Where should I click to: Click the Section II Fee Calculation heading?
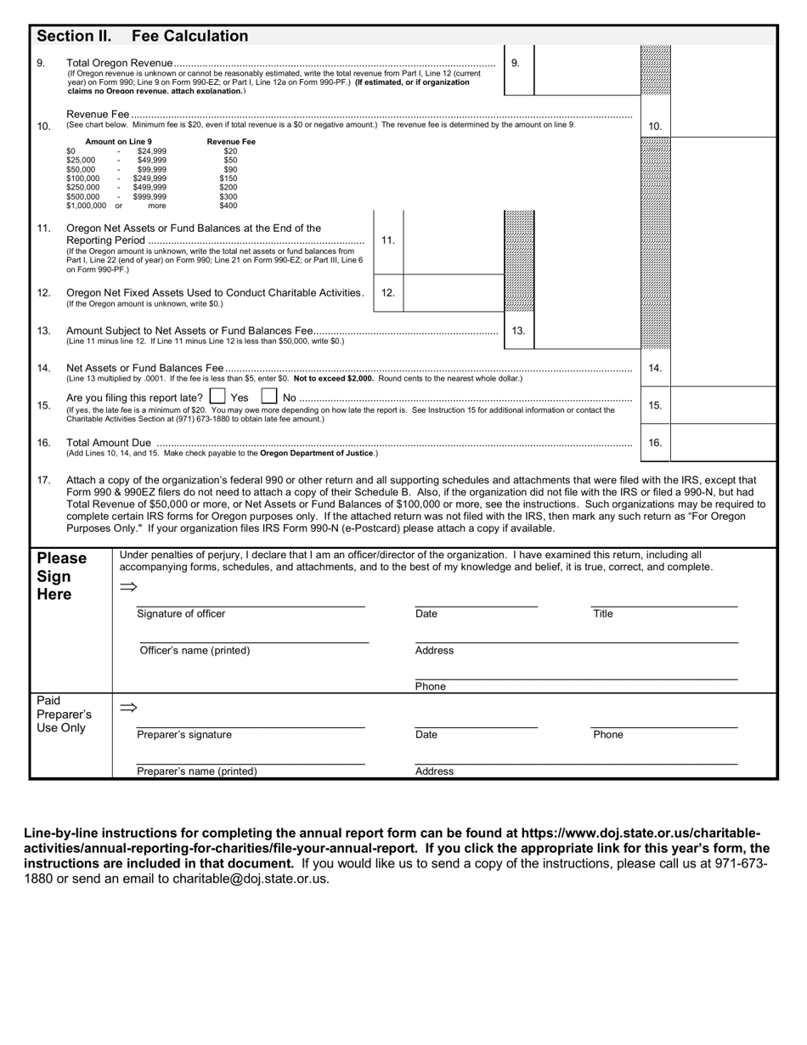142,36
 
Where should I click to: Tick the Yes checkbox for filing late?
217,397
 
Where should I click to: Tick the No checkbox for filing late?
268,397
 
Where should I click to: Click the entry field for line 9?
585,70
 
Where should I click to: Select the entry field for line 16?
723,443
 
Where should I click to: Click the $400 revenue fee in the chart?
229,206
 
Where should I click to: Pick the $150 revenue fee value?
229,178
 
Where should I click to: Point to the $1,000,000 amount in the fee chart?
87,206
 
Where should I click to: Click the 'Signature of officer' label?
181,613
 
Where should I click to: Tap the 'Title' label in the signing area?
602,613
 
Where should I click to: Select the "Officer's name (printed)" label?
195,651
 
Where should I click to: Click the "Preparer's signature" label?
184,735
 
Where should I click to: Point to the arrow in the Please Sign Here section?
128,587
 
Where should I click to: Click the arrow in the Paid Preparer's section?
128,708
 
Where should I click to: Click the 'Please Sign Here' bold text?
61,576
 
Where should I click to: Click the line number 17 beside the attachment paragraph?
44,480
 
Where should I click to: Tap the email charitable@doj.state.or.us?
250,879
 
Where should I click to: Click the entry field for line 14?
723,368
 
